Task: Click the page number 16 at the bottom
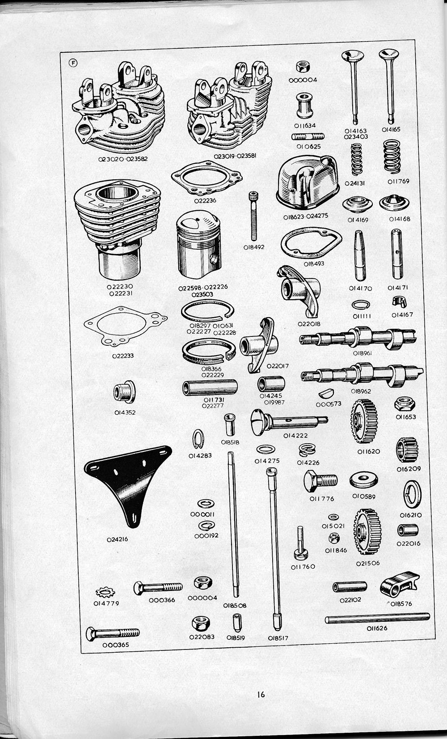coord(261,694)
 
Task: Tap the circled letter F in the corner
coord(73,63)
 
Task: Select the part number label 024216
coord(117,539)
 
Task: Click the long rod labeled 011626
coord(377,618)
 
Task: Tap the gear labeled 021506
coord(367,534)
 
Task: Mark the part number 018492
coord(253,246)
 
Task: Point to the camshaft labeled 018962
coord(362,374)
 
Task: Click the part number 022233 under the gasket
coord(123,356)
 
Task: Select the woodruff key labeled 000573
coord(328,394)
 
